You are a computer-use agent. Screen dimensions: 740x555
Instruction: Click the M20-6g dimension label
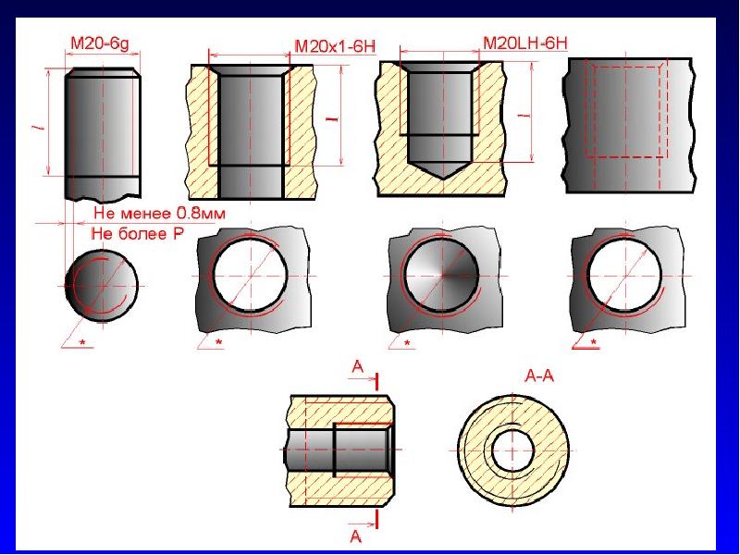(99, 43)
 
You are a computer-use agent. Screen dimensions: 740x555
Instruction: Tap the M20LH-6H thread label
(525, 43)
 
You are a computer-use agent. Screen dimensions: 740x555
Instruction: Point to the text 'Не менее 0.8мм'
(159, 214)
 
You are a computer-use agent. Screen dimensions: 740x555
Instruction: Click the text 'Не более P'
(137, 233)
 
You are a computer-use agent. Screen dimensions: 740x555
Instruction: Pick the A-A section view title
(539, 376)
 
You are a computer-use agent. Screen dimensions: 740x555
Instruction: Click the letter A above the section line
(358, 366)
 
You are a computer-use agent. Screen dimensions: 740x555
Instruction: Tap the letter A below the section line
(356, 536)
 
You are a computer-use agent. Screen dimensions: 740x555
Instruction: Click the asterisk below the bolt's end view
(83, 341)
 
